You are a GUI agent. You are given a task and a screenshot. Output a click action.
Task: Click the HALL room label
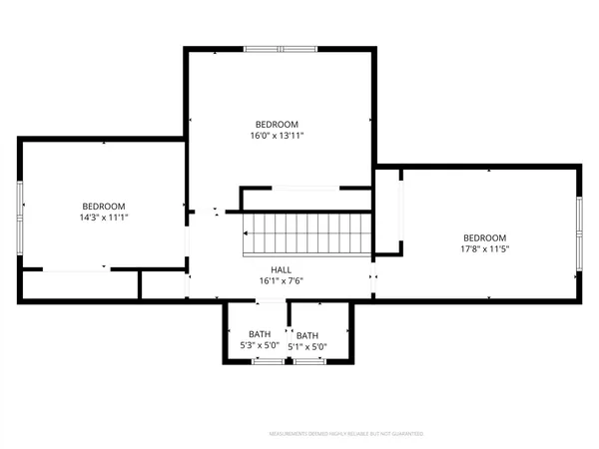(281, 270)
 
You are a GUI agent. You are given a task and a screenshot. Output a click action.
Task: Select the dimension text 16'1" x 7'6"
(281, 281)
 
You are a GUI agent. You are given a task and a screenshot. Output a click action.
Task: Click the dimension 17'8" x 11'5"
(485, 249)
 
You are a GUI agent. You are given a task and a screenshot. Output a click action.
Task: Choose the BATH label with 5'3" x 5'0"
(260, 335)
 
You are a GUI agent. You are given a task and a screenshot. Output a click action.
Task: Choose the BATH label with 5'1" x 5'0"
(307, 335)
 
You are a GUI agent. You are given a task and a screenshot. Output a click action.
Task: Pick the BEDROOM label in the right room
(485, 237)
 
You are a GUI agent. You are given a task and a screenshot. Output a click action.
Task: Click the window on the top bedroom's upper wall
(281, 48)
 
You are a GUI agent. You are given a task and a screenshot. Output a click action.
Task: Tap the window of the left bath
(266, 362)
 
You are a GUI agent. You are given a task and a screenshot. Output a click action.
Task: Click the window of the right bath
(308, 362)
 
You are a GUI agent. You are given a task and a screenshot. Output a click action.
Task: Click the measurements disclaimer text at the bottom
(346, 434)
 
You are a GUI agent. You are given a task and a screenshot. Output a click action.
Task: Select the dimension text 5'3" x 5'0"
(260, 346)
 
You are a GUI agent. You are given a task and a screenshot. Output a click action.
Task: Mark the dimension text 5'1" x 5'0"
(307, 346)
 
